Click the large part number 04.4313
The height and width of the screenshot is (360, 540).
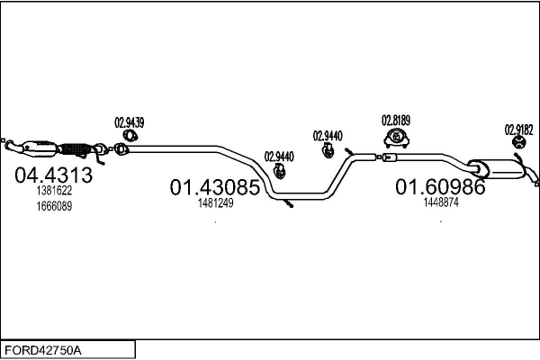click(x=53, y=175)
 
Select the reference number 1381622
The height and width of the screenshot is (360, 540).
click(x=54, y=190)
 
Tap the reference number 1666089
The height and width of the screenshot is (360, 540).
click(x=54, y=206)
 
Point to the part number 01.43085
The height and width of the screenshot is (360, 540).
click(x=214, y=187)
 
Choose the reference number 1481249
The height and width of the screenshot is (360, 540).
click(x=216, y=202)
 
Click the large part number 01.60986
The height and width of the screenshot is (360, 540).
click(x=440, y=186)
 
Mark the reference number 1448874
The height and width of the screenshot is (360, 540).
click(x=441, y=202)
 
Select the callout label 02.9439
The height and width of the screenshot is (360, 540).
click(x=129, y=122)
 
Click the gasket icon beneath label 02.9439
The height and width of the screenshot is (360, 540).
click(x=130, y=136)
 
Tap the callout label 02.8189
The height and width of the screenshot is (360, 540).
click(x=396, y=121)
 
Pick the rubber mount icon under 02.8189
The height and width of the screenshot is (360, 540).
click(x=396, y=138)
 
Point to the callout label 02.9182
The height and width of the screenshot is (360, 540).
click(x=518, y=130)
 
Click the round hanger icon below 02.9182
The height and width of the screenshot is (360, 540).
click(x=518, y=142)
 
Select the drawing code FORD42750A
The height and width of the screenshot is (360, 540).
click(x=43, y=350)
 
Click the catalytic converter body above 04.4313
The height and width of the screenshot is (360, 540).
click(x=39, y=148)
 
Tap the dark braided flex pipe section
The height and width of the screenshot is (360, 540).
click(x=74, y=149)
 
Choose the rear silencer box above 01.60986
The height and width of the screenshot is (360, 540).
click(x=496, y=169)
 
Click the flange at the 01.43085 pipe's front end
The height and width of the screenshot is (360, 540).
click(x=120, y=149)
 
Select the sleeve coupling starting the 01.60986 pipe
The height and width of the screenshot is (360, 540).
click(x=390, y=157)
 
